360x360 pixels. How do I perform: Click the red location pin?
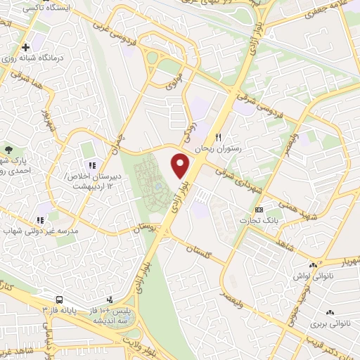(x=181, y=165)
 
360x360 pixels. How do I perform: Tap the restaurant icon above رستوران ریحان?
(x=219, y=137)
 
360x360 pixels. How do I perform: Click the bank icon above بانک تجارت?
(x=259, y=210)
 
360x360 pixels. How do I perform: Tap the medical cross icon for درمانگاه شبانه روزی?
(x=26, y=47)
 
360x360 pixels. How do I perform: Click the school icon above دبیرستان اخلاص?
(x=92, y=165)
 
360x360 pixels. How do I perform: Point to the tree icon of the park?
(x=8, y=150)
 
